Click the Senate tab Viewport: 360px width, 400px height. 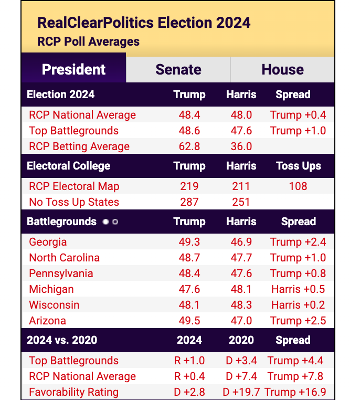pyautogui.click(x=178, y=70)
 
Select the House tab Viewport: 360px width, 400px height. pyautogui.click(x=282, y=70)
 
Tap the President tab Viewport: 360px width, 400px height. pyautogui.click(x=73, y=70)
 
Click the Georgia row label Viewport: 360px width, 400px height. pyautogui.click(x=48, y=242)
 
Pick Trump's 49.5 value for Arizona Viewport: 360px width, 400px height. pyautogui.click(x=189, y=321)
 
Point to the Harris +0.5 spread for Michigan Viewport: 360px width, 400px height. pyautogui.click(x=298, y=289)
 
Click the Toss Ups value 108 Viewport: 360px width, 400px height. pyautogui.click(x=298, y=186)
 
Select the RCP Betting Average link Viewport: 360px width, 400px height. pyautogui.click(x=79, y=146)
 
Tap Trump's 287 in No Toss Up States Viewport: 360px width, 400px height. pyautogui.click(x=189, y=202)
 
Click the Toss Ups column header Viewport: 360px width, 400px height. pyautogui.click(x=298, y=166)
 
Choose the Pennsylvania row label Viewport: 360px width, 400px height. pyautogui.click(x=61, y=273)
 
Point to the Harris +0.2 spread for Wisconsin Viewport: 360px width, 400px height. pyautogui.click(x=298, y=305)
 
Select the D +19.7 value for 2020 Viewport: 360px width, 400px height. pyautogui.click(x=241, y=392)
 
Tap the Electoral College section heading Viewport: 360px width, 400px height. pyautogui.click(x=69, y=166)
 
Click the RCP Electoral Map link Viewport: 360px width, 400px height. pyautogui.click(x=74, y=186)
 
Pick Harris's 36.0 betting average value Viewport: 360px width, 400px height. pyautogui.click(x=241, y=146)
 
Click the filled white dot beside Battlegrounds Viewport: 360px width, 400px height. pyautogui.click(x=105, y=222)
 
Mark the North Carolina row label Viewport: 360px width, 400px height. pyautogui.click(x=64, y=258)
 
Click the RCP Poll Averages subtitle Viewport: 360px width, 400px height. pyautogui.click(x=89, y=41)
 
